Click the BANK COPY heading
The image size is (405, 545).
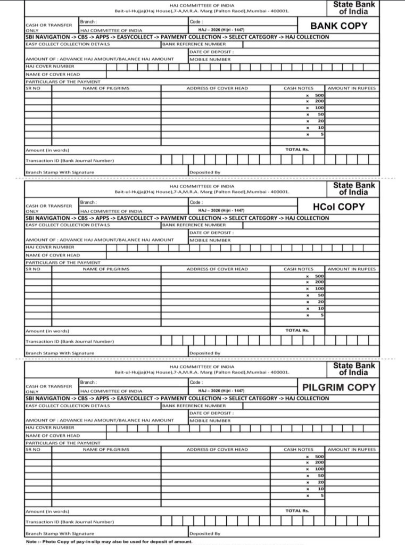pos(339,26)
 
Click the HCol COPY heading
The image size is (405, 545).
pos(339,207)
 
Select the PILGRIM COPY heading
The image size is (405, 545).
pos(339,387)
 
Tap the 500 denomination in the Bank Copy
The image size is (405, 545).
pos(319,95)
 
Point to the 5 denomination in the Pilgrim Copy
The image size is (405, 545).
pos(321,496)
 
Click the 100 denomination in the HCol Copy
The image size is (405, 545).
pos(319,288)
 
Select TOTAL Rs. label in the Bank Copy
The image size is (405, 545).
pos(297,150)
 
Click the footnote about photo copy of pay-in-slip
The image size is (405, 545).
pos(109,542)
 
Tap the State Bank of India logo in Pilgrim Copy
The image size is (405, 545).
pos(354,369)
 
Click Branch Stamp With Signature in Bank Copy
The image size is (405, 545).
pos(60,172)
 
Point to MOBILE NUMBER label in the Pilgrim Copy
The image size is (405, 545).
pos(210,420)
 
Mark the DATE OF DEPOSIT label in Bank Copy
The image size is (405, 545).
pos(211,52)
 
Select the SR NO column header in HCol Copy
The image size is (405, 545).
pos(33,269)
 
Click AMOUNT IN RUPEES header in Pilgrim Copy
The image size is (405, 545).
pos(351,449)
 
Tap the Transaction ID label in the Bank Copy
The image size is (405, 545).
pos(69,160)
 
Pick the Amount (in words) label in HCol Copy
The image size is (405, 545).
pos(47,331)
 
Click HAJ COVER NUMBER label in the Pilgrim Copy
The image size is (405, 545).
pos(49,427)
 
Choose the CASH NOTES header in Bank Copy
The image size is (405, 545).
pos(298,88)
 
